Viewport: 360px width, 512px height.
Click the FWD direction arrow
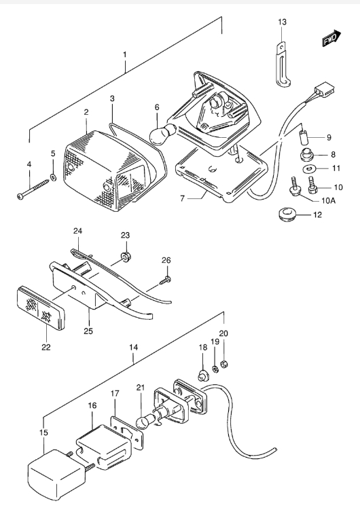pyautogui.click(x=331, y=39)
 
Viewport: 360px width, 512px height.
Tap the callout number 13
pyautogui.click(x=283, y=22)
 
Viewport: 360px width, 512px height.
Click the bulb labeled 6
pyautogui.click(x=163, y=133)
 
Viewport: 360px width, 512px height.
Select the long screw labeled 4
pyautogui.click(x=33, y=187)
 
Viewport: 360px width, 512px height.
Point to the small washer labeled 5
pyautogui.click(x=53, y=177)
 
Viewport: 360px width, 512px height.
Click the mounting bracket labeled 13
pyautogui.click(x=283, y=66)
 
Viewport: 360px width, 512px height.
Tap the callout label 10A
pyautogui.click(x=329, y=200)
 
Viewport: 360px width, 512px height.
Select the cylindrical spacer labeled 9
pyautogui.click(x=304, y=136)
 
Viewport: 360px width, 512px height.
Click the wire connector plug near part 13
pyautogui.click(x=324, y=90)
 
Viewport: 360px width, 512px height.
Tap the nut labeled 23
pyautogui.click(x=125, y=257)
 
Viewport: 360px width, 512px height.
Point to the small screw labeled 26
pyautogui.click(x=165, y=280)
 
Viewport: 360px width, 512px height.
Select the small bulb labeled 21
pyautogui.click(x=143, y=420)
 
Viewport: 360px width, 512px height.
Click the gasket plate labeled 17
pyautogui.click(x=128, y=433)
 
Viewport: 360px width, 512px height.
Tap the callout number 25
pyautogui.click(x=88, y=331)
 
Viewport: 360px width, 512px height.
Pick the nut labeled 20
pyautogui.click(x=223, y=363)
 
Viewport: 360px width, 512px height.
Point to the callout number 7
pyautogui.click(x=182, y=198)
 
